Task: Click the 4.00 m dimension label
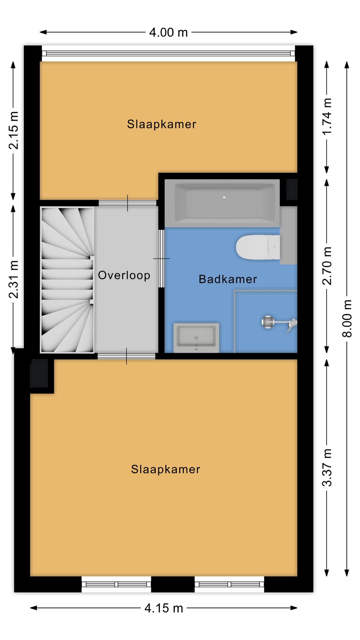click(168, 32)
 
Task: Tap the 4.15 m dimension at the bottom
click(164, 608)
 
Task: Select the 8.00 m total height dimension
click(347, 318)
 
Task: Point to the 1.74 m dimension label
click(327, 117)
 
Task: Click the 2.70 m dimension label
click(327, 266)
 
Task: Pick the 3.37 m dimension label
click(327, 467)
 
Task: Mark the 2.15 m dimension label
click(14, 130)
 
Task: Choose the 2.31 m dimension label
click(14, 279)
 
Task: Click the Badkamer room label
click(228, 279)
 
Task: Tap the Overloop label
click(124, 275)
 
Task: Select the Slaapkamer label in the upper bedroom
click(162, 124)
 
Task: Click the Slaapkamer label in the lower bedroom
click(166, 469)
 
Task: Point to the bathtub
click(222, 203)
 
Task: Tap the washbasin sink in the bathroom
click(196, 337)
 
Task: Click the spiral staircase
click(67, 279)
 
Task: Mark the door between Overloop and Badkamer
click(161, 258)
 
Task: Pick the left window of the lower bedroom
click(116, 584)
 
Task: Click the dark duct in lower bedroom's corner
click(39, 373)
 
